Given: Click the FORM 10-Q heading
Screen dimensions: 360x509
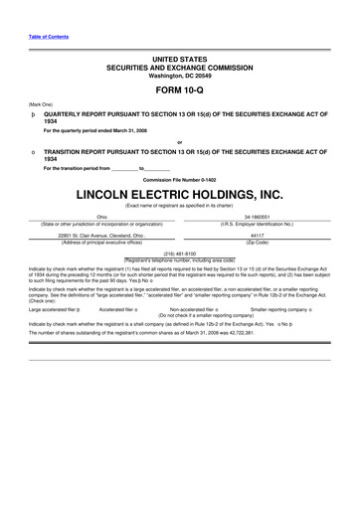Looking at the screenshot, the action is tap(179, 89).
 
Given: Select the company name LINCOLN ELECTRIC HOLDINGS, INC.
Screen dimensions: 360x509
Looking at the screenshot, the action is tap(179, 190).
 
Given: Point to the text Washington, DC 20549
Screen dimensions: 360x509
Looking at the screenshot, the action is tap(179, 75).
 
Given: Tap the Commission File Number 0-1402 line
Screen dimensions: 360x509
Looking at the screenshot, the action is tap(179, 178).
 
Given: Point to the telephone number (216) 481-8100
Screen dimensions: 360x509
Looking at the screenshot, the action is tap(179, 254).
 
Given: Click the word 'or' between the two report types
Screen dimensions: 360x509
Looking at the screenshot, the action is tap(179, 142).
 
